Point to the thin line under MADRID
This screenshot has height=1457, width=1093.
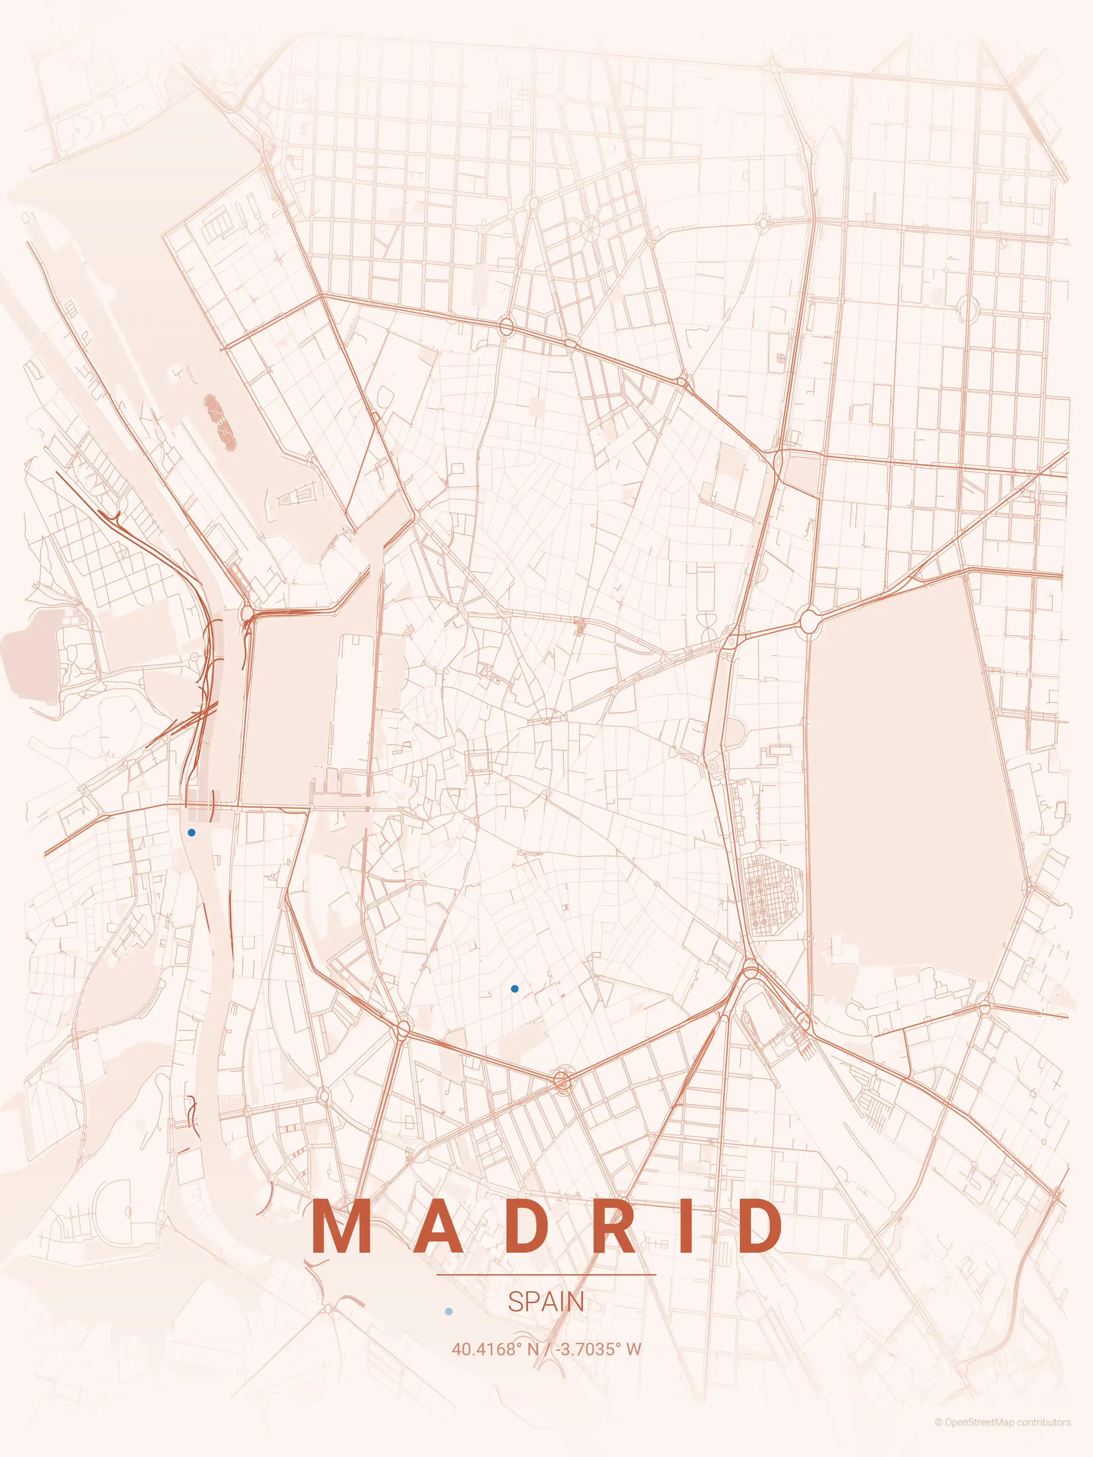click(546, 1275)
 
